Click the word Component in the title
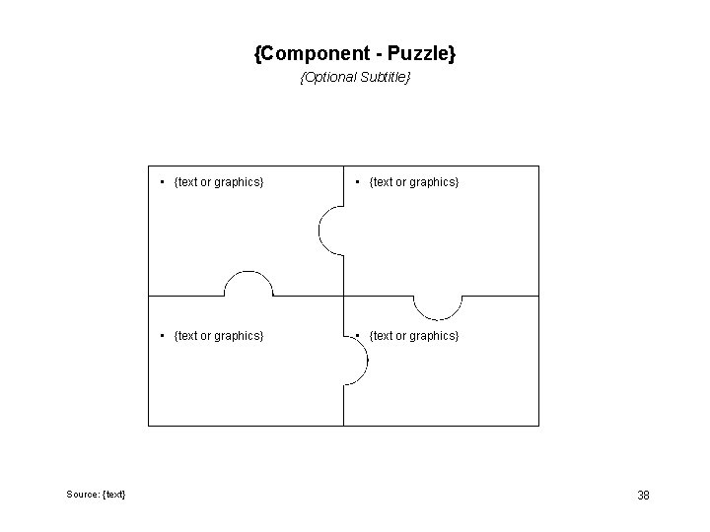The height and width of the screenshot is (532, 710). click(x=311, y=54)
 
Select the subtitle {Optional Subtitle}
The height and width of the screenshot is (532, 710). click(x=355, y=77)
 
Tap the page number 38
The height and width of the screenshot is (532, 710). click(x=643, y=495)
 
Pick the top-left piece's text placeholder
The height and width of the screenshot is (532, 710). click(x=218, y=182)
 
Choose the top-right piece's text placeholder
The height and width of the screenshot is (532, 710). click(x=413, y=182)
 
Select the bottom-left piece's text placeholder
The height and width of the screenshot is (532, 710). click(x=218, y=336)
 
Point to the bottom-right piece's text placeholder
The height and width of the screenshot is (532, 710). click(x=413, y=336)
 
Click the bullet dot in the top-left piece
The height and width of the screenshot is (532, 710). click(x=163, y=182)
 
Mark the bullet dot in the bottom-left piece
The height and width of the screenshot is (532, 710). click(x=163, y=336)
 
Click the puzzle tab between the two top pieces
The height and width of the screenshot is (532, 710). click(x=330, y=231)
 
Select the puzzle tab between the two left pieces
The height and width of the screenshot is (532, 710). click(x=248, y=283)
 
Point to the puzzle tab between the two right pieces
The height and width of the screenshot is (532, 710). click(x=437, y=307)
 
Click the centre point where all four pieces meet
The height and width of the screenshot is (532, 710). click(x=343, y=296)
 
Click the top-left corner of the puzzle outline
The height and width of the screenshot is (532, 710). click(x=148, y=166)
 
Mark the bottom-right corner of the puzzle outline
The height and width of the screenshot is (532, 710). click(x=539, y=426)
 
